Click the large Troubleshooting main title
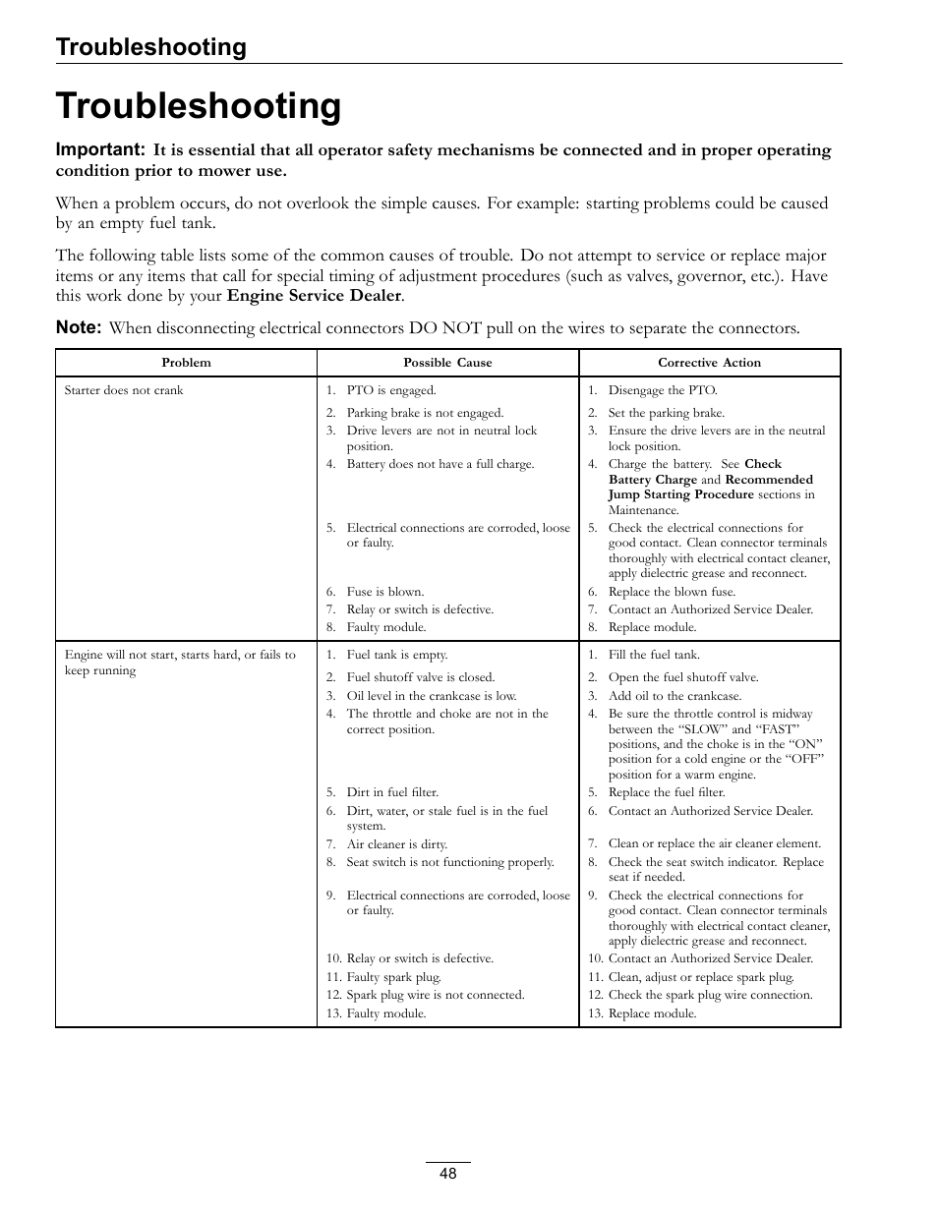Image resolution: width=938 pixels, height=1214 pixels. pyautogui.click(x=199, y=106)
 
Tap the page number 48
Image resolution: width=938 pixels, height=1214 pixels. pyautogui.click(x=448, y=1174)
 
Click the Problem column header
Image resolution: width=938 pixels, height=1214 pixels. pyautogui.click(x=186, y=363)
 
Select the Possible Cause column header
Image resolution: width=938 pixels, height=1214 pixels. pyautogui.click(x=447, y=363)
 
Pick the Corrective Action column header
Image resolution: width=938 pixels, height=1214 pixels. pyautogui.click(x=709, y=363)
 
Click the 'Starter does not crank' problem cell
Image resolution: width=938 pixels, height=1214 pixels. pyautogui.click(x=124, y=390)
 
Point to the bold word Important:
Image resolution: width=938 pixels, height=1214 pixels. pyautogui.click(x=100, y=149)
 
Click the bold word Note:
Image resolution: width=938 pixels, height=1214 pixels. pyautogui.click(x=79, y=327)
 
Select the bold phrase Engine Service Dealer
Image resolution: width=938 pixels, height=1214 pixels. pyautogui.click(x=314, y=295)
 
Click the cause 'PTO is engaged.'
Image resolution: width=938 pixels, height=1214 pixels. pyautogui.click(x=390, y=390)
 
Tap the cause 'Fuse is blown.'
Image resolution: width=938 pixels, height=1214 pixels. pyautogui.click(x=384, y=592)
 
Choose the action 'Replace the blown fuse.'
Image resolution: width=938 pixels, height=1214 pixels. pyautogui.click(x=671, y=592)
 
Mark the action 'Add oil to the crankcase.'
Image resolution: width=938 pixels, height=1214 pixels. pyautogui.click(x=674, y=695)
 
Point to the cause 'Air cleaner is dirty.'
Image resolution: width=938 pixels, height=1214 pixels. pyautogui.click(x=396, y=844)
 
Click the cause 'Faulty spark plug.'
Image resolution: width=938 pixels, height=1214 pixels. pyautogui.click(x=393, y=977)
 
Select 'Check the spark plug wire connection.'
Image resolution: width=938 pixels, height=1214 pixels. pyautogui.click(x=710, y=995)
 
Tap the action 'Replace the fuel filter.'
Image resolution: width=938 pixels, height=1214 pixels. pyautogui.click(x=666, y=792)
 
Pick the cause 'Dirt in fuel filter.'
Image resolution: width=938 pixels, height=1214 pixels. pyautogui.click(x=391, y=792)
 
